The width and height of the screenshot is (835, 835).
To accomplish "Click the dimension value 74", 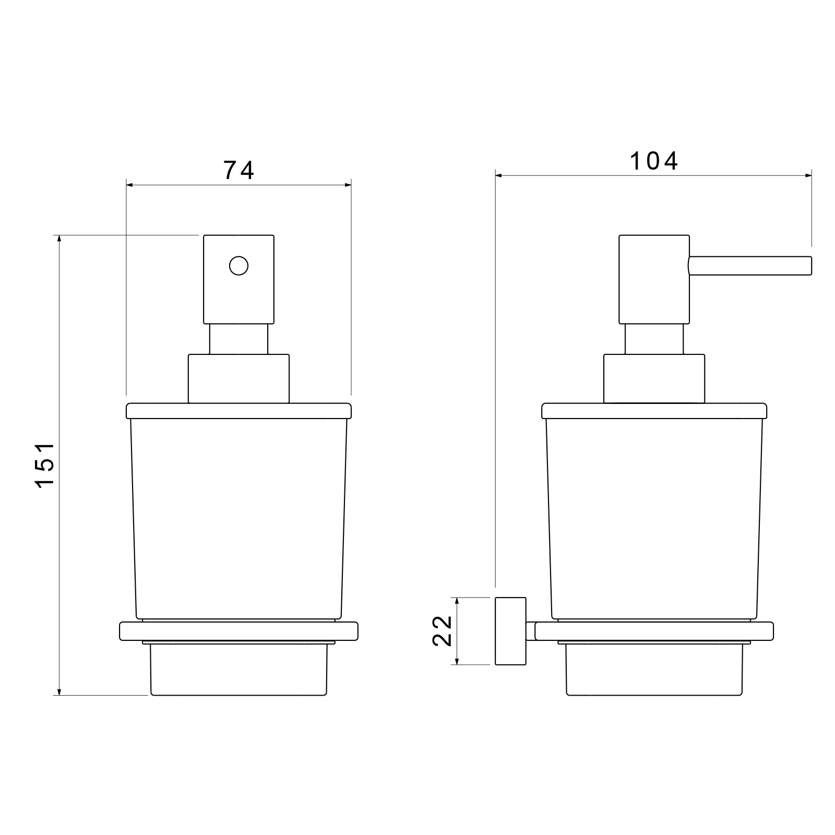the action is (238, 170).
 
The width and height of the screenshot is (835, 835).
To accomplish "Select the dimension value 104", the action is (654, 161).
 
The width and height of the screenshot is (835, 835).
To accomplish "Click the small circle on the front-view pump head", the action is (238, 266).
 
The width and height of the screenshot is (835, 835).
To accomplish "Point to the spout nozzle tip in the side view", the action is (811, 265).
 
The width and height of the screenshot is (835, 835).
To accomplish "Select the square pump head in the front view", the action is (238, 279).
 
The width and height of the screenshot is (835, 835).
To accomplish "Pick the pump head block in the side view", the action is (654, 279).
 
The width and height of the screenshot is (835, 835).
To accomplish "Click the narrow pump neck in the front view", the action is (238, 339).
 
